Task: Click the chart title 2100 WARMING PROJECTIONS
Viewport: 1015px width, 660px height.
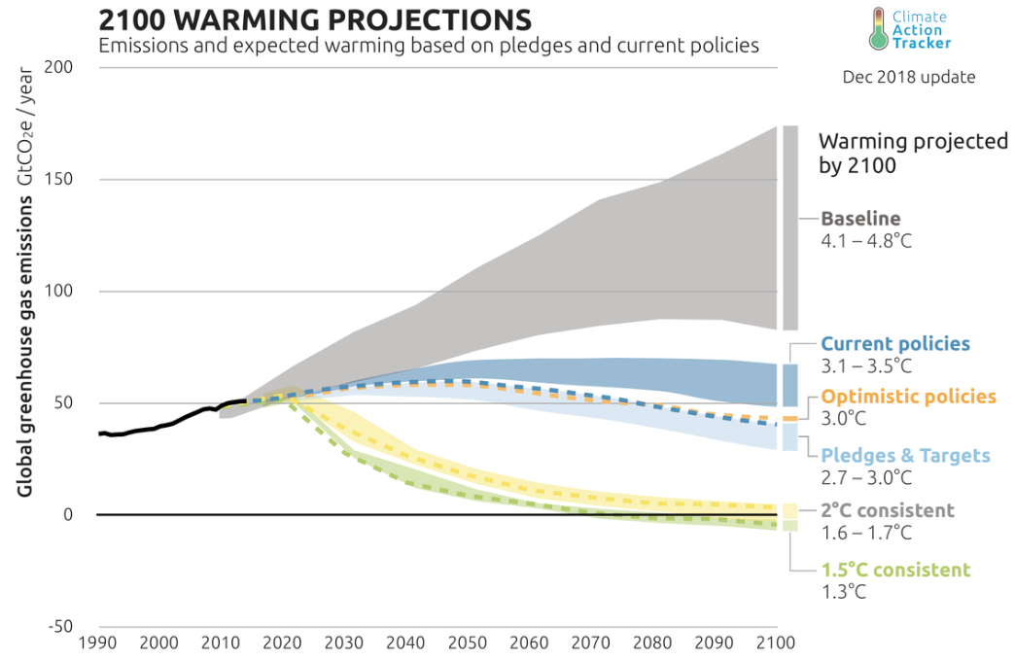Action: (316, 19)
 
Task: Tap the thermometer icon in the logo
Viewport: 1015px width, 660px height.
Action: (880, 29)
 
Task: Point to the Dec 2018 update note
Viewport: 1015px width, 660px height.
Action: (908, 77)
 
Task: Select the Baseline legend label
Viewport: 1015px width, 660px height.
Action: (860, 219)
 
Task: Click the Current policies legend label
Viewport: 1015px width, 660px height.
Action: (895, 343)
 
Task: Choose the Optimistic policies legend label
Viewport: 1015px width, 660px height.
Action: (909, 397)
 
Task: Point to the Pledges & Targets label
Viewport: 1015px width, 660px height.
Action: (906, 456)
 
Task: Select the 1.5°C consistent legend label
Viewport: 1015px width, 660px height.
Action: (895, 571)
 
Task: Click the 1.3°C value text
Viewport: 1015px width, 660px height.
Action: (843, 591)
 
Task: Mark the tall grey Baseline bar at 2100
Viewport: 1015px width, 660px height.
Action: (790, 227)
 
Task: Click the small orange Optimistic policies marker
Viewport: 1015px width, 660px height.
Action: (790, 418)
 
